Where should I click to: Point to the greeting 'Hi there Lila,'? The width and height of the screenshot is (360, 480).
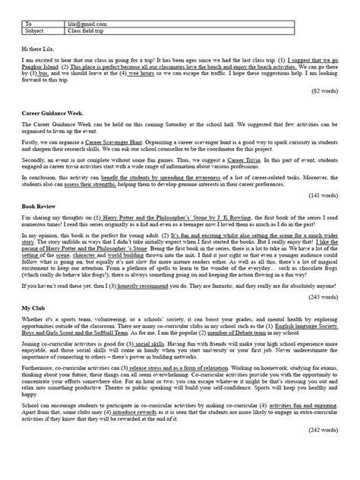(40, 49)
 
